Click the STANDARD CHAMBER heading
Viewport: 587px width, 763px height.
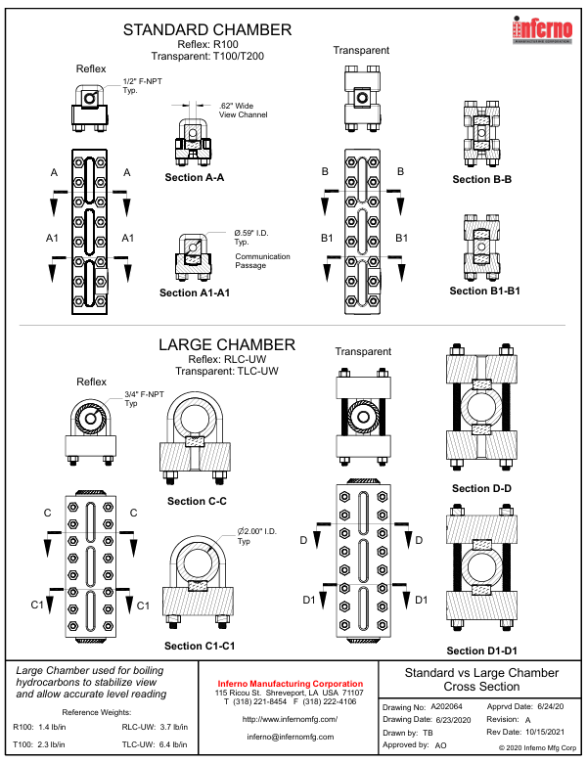click(x=206, y=30)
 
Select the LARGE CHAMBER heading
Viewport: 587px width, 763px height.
click(x=227, y=344)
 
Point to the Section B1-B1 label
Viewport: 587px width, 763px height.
click(x=484, y=291)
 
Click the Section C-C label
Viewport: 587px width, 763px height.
click(x=197, y=501)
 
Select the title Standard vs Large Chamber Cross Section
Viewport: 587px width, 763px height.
click(x=481, y=679)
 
